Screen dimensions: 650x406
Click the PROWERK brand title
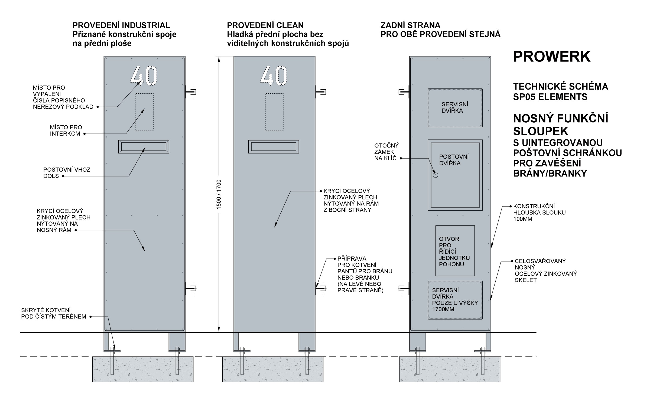[552, 57]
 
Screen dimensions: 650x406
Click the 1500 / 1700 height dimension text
[219, 194]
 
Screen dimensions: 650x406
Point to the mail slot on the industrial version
[144, 147]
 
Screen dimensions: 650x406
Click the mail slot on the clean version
[274, 147]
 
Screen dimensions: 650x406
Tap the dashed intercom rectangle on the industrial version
[145, 112]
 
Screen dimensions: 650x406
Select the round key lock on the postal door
[435, 175]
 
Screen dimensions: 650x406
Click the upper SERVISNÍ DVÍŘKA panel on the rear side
[455, 108]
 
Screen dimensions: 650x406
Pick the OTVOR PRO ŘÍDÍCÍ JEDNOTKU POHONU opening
[455, 251]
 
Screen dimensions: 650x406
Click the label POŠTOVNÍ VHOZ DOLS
[67, 173]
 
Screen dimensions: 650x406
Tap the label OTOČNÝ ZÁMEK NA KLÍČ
[386, 152]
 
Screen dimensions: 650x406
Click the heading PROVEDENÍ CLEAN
[265, 25]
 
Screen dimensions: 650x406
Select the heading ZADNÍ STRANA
[411, 25]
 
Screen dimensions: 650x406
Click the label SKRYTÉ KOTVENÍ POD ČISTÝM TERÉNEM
[54, 313]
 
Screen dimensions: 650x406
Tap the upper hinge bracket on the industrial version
[191, 92]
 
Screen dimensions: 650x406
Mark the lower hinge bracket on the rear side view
[404, 289]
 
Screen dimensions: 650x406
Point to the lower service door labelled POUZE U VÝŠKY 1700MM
[455, 300]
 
